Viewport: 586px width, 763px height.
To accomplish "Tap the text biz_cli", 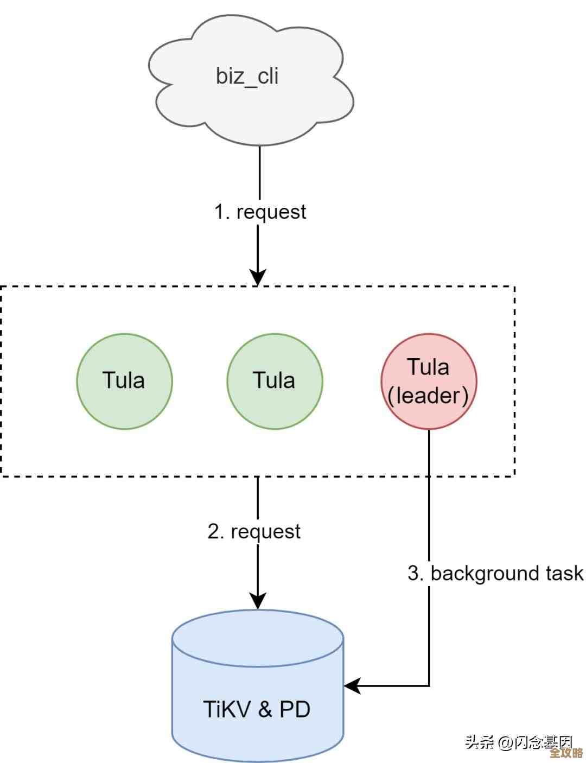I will [247, 75].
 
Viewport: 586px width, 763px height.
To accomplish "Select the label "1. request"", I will [260, 212].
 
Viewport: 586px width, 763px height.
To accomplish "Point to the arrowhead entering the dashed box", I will [258, 277].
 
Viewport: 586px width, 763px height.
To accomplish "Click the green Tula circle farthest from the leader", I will [124, 381].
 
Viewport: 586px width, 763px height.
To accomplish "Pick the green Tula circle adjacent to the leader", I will [275, 381].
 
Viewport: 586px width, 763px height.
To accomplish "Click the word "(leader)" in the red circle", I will [428, 395].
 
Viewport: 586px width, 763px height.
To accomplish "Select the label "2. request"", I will [253, 531].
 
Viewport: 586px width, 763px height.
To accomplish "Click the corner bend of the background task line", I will [429, 686].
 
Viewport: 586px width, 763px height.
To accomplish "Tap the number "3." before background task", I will [416, 574].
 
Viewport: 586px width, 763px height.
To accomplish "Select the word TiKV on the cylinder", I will [227, 709].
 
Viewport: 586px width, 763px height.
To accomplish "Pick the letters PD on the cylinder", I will [295, 709].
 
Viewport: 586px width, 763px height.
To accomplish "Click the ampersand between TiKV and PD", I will [265, 709].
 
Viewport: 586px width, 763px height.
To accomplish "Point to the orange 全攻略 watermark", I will [566, 753].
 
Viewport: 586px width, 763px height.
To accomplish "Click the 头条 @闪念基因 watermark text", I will [518, 741].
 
